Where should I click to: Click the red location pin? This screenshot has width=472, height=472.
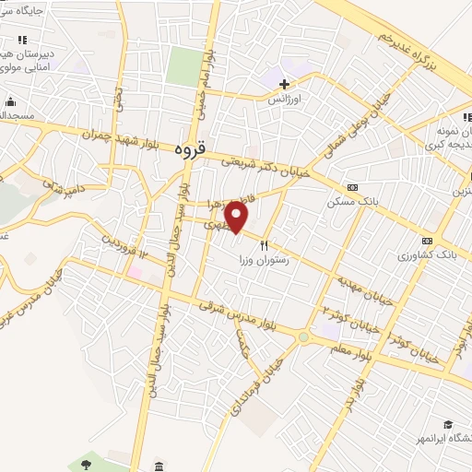click(238, 218)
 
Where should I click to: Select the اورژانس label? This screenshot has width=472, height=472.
click(285, 97)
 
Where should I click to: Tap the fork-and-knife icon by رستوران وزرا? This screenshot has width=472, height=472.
click(264, 245)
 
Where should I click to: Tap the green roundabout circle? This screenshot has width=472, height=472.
click(303, 338)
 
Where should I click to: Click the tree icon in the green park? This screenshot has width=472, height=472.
click(86, 460)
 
